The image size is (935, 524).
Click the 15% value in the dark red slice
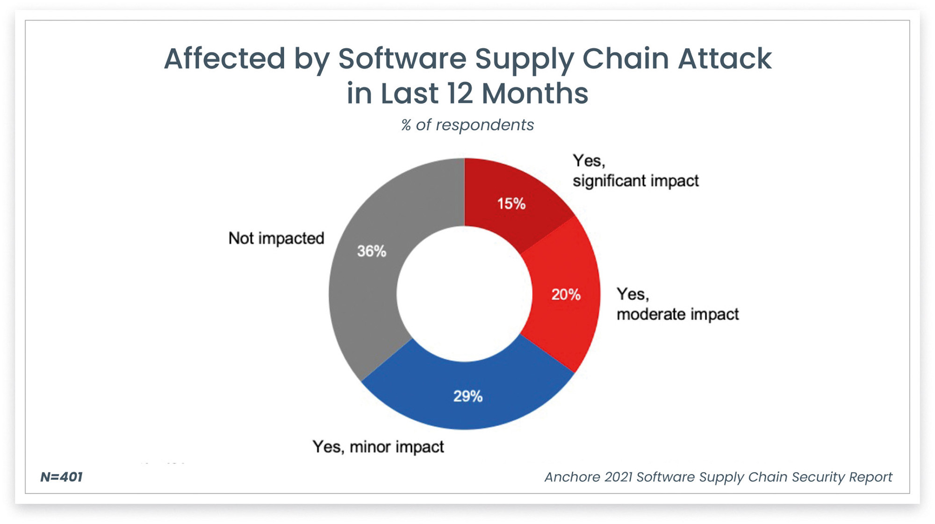coord(511,204)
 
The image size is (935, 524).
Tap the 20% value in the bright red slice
coord(566,294)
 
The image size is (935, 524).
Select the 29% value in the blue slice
coord(467,396)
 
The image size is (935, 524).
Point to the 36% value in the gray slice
coord(372,251)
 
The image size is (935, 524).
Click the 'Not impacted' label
coord(276,238)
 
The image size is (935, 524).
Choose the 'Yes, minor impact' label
coord(378,447)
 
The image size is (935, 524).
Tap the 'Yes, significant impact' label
coord(636,171)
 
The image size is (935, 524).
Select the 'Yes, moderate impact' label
coord(678,304)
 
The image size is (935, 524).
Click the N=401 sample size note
coord(61,477)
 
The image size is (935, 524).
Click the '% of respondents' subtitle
coord(467,125)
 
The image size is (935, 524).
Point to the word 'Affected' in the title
coord(224,58)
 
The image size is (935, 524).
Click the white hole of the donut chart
coord(465,294)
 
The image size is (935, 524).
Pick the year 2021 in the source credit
coord(618,477)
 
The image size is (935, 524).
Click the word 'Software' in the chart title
coord(402,58)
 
